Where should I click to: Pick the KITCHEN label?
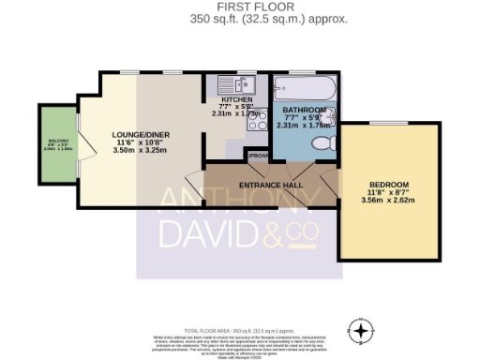[236, 98]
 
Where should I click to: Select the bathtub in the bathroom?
[300, 90]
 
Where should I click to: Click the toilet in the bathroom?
[322, 143]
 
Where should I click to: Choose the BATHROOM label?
[300, 111]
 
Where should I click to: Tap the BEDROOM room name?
[388, 184]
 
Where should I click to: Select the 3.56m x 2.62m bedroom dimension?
[388, 201]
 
